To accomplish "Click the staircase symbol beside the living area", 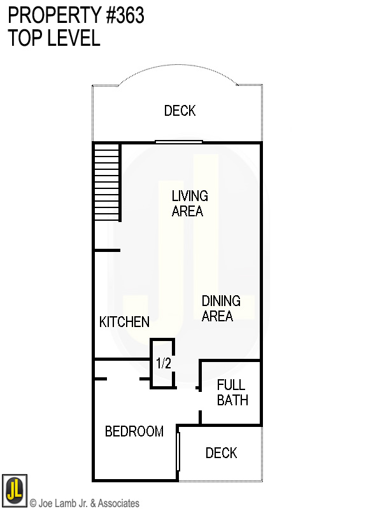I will [107, 182].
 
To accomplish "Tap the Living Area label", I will [189, 204].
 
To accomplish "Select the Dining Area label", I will [220, 308].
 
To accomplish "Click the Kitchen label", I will [124, 323].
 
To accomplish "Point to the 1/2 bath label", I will [164, 364].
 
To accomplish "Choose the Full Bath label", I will [232, 393].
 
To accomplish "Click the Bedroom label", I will [134, 431].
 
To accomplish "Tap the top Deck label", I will [180, 111].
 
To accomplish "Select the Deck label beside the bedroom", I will [221, 453].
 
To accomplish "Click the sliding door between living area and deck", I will [179, 142].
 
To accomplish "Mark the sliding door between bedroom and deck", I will [178, 451].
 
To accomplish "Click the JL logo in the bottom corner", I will [14, 491].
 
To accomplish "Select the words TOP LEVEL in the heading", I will [54, 38].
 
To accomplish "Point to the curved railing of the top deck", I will [179, 71].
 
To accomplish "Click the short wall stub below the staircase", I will [107, 251].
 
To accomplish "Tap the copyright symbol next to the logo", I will [33, 503].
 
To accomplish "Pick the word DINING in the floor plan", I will [220, 301].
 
